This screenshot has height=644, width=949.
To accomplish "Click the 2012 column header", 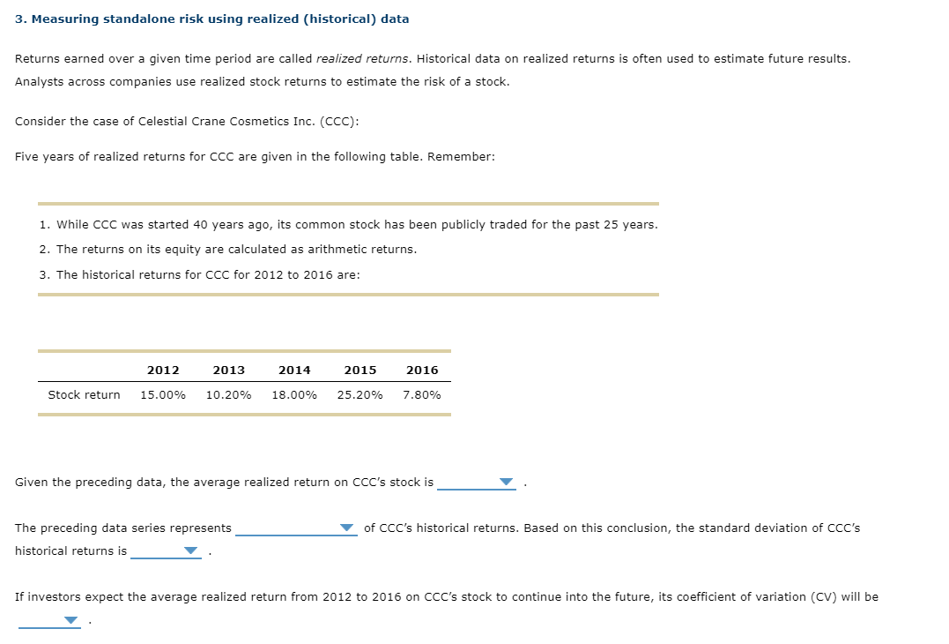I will [x=163, y=371].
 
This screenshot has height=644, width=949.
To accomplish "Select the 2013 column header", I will [x=228, y=371].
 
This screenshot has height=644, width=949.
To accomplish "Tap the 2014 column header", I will [x=294, y=371].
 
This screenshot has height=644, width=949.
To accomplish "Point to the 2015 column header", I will [x=360, y=371].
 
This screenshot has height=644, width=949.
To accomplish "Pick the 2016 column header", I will [x=422, y=371].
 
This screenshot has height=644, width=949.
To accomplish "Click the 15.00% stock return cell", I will [x=163, y=395].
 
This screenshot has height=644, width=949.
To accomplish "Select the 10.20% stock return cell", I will [x=228, y=395].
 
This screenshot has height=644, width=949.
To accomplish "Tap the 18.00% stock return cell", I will [x=294, y=395].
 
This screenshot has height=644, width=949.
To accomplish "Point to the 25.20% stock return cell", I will [x=360, y=395].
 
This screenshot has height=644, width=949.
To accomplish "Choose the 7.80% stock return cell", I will [x=422, y=395].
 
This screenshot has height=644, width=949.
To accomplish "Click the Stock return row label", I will [x=84, y=395].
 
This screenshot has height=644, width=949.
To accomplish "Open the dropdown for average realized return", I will [x=505, y=483].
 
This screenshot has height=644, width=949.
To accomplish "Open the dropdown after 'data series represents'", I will [x=347, y=528].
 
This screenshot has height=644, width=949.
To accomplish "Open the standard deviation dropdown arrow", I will [x=190, y=551].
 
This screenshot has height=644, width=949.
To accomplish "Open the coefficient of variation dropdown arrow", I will [x=70, y=620].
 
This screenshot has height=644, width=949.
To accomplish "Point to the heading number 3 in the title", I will [x=19, y=19].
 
